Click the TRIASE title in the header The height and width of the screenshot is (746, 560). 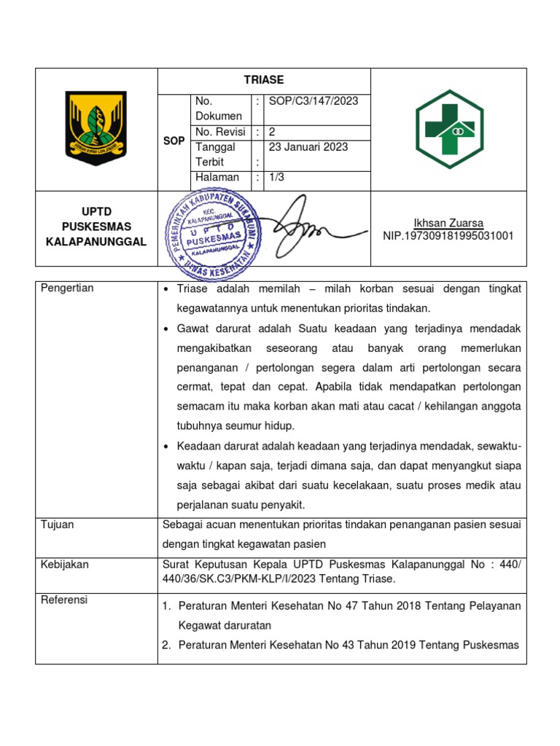click(264, 80)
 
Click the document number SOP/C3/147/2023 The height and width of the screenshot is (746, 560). click(314, 101)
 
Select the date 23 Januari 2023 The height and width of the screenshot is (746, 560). click(308, 146)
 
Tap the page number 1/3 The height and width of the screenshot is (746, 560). click(277, 177)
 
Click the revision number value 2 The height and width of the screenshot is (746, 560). click(273, 132)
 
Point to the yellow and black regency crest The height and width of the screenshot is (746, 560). click(96, 128)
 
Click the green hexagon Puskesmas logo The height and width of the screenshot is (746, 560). click(448, 130)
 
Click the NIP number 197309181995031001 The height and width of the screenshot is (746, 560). click(448, 236)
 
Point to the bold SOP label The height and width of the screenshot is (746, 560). click(174, 141)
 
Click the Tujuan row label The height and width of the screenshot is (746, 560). click(58, 525)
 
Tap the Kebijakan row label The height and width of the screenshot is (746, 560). click(64, 564)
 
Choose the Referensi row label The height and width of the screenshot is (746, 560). click(65, 600)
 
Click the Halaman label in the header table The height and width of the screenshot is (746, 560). click(217, 177)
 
